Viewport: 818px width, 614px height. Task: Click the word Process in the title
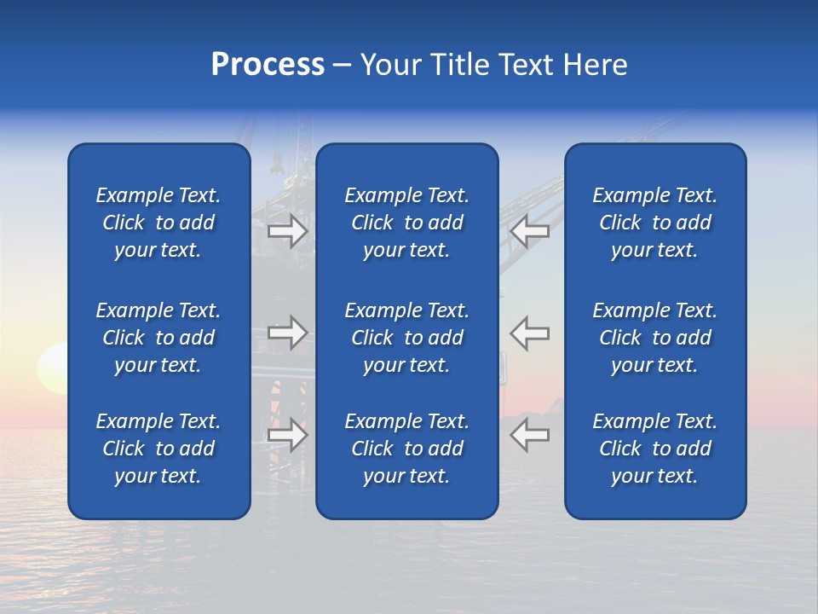coord(268,65)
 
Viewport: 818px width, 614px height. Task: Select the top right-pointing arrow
coord(288,231)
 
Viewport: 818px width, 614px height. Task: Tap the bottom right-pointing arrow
coord(288,434)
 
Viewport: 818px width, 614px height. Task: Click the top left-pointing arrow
coord(529,231)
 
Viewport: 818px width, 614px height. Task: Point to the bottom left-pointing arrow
coord(529,434)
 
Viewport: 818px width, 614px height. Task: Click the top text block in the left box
coord(158,223)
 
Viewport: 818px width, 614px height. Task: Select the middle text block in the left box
coord(158,338)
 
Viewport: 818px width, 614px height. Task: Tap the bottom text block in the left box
coord(158,449)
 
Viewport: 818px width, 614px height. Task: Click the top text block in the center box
coord(406,223)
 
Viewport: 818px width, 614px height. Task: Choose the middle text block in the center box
coord(406,338)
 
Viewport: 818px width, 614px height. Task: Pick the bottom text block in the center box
coord(406,449)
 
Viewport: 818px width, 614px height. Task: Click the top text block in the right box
coord(654,223)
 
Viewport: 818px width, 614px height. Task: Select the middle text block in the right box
coord(654,338)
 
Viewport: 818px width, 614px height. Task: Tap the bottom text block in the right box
coord(654,449)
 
